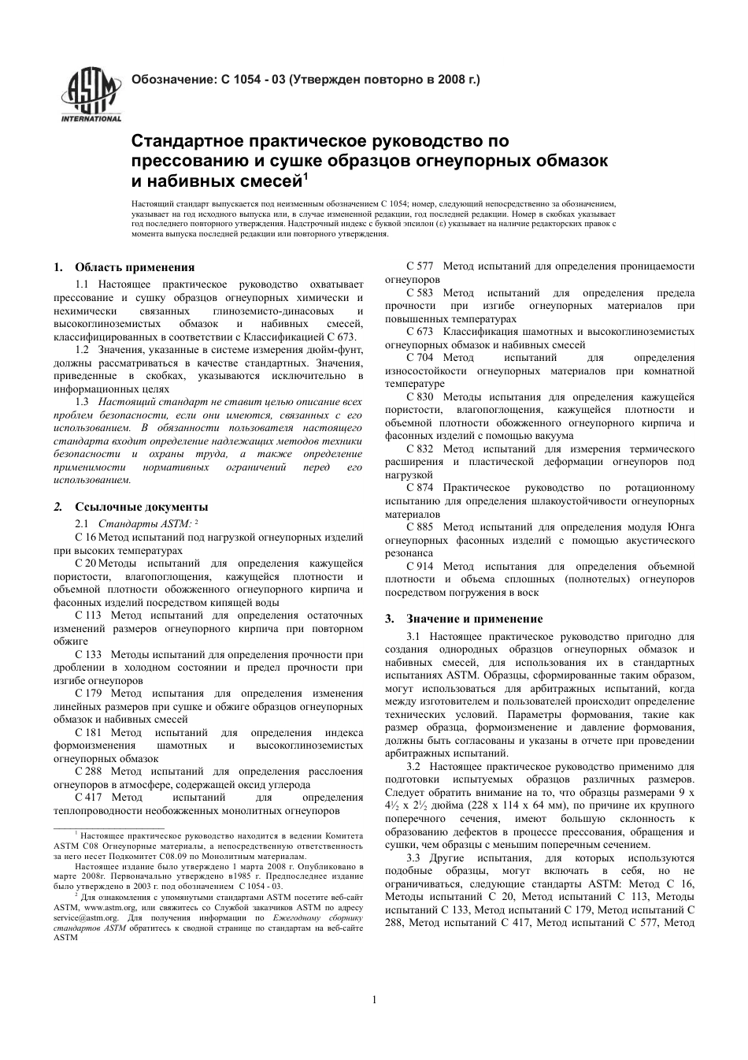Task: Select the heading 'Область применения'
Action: (x=134, y=267)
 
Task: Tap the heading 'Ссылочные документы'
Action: (x=141, y=507)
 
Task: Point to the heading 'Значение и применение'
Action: (x=474, y=619)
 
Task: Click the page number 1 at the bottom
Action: (x=374, y=1000)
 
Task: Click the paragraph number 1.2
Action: (x=82, y=349)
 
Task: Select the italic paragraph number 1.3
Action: (x=82, y=401)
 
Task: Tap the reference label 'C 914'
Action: (x=420, y=566)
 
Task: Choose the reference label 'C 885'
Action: (x=420, y=526)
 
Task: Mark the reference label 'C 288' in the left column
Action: (x=88, y=771)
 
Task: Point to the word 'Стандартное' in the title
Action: (x=186, y=142)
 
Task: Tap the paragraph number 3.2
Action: (x=414, y=765)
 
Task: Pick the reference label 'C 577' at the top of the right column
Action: (x=420, y=266)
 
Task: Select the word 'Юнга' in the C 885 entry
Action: (x=681, y=526)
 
